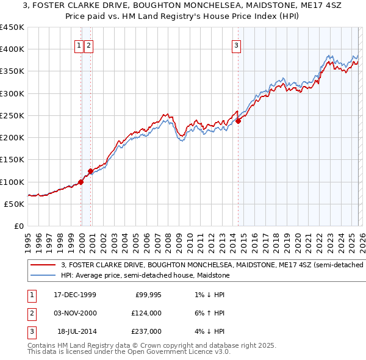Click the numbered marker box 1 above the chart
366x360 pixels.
[x=79, y=45]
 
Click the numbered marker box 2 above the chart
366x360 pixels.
[x=88, y=45]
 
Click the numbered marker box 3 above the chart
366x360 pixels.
[x=236, y=45]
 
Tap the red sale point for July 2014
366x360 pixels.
[x=238, y=121]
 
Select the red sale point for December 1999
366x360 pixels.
[x=81, y=182]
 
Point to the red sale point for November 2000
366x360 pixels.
[x=90, y=171]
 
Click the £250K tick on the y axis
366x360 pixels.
[x=12, y=115]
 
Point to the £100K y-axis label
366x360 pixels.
[x=12, y=182]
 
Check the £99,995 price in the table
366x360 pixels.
[x=147, y=295]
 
